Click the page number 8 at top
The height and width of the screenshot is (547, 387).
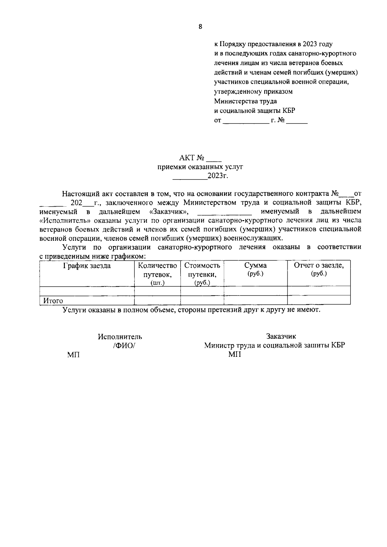tap(200, 27)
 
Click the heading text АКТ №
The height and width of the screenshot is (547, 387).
tap(192, 158)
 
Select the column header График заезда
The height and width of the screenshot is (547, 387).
tap(87, 266)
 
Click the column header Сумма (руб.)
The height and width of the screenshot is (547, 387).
tap(255, 269)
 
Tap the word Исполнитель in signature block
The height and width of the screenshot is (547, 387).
tap(120, 337)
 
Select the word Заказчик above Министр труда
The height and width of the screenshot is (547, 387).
tap(281, 337)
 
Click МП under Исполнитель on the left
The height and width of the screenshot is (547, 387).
tap(74, 355)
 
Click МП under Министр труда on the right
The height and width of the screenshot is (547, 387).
tap(234, 355)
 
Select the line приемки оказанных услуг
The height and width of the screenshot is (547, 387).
tap(200, 167)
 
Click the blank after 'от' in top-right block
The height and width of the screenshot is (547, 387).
tap(245, 121)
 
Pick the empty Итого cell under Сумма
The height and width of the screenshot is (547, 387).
tap(255, 300)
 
